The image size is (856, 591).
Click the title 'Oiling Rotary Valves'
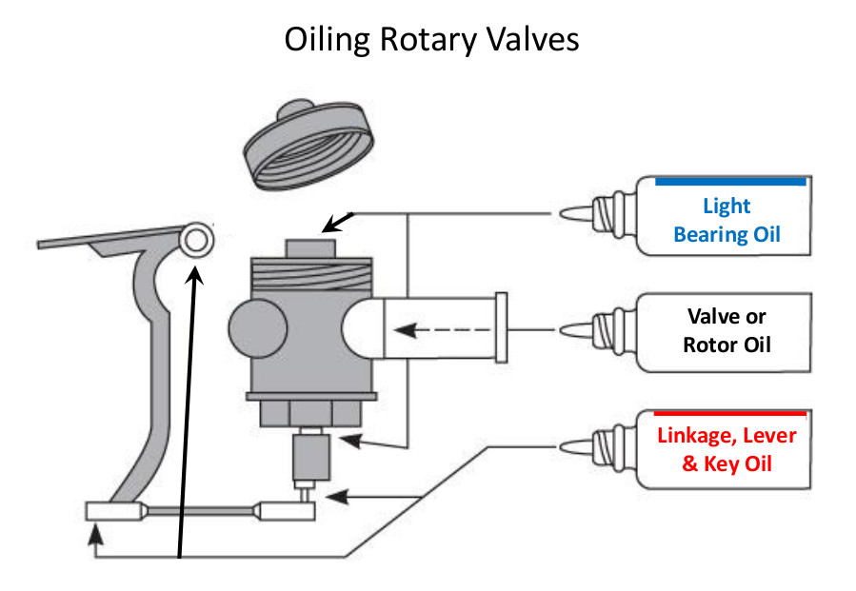coord(431,40)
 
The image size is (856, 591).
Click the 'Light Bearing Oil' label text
coord(727,220)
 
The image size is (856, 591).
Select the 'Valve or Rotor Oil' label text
coord(726,330)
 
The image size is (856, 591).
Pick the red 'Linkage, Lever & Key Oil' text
coord(727,450)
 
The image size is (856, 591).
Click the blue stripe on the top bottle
coord(730,180)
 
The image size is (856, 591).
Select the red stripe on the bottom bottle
coord(729,413)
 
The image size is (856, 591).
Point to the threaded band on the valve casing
coord(311,278)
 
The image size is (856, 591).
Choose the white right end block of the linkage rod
coord(289,511)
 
